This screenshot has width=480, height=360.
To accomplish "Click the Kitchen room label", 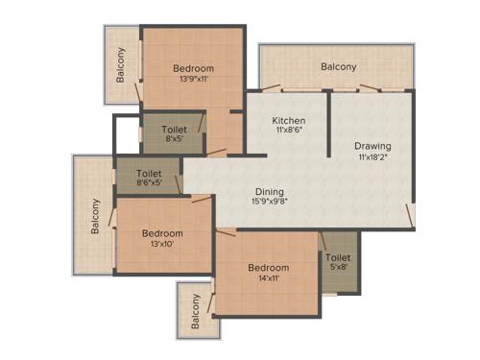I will [288, 121].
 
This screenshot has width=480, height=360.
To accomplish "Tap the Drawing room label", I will [372, 146].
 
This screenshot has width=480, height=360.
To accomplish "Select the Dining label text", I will [270, 191].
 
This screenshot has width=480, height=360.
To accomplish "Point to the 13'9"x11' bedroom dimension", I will [193, 80].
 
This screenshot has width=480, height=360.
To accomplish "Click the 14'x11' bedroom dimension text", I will [269, 279].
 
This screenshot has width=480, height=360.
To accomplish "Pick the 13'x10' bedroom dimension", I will [162, 245].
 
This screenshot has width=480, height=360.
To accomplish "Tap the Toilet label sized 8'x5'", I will [174, 128].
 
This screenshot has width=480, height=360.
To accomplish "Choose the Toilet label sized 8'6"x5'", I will [149, 173].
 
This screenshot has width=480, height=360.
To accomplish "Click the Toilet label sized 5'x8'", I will [337, 258].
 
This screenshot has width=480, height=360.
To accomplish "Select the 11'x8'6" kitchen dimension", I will [288, 132].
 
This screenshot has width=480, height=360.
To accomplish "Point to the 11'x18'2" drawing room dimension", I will [372, 157].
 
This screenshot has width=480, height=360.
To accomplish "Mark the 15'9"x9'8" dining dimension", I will [270, 202].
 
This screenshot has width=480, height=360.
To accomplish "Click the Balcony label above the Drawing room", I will [338, 66].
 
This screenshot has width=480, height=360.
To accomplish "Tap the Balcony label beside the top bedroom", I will [122, 65].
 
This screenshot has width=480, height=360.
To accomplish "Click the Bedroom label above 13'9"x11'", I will [193, 68].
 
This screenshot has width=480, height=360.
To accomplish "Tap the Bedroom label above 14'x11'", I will [268, 268].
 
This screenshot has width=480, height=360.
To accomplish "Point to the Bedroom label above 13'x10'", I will [162, 233].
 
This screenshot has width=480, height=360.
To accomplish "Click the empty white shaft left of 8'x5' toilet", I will [126, 133].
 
